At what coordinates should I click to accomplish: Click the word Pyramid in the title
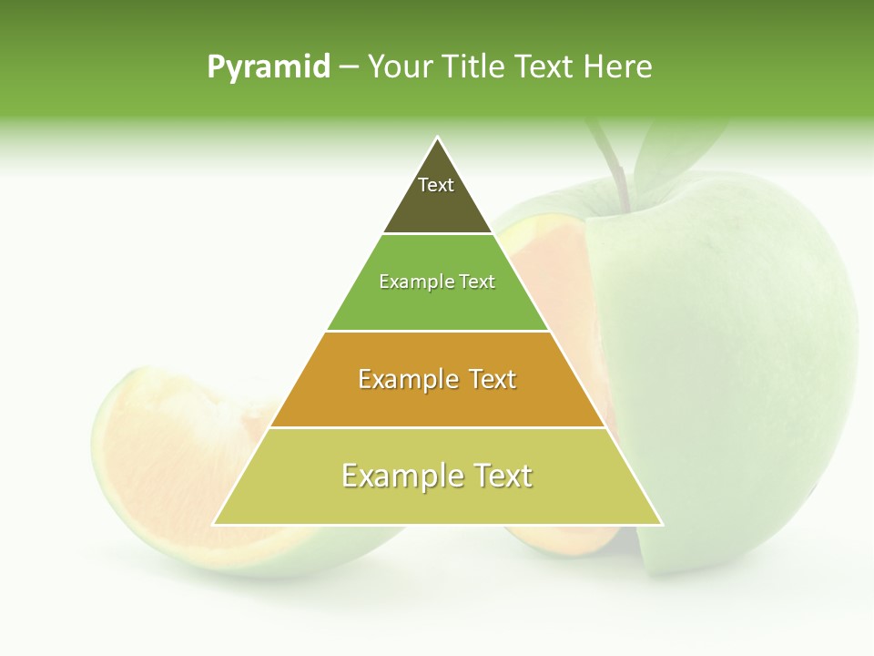point(269,67)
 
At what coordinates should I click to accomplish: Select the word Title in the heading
point(473,67)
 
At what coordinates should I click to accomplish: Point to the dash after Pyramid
point(349,67)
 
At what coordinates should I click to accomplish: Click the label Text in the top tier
point(436,185)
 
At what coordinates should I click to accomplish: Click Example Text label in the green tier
point(437,282)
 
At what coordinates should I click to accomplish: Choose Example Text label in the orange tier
point(437,379)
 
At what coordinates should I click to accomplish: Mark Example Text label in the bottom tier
point(437,476)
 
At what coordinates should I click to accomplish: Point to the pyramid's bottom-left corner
point(214,524)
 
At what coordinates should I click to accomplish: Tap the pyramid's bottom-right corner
point(661,524)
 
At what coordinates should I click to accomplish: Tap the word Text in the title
point(546,67)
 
